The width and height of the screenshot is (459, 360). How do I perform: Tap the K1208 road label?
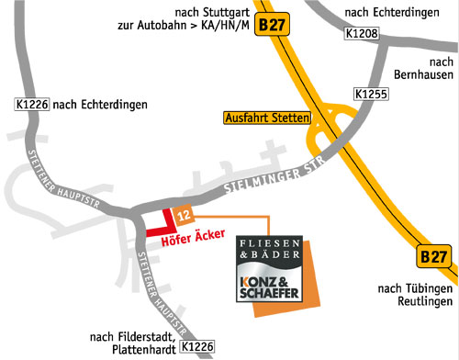click(x=362, y=34)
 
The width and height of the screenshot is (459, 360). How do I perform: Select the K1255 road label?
click(x=371, y=95)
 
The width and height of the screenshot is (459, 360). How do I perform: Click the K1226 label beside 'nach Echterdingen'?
click(x=32, y=105)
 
